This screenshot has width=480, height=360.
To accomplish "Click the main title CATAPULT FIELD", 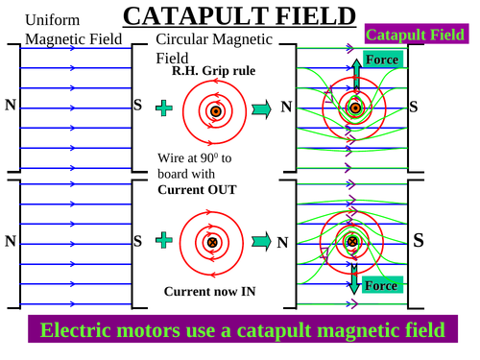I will (240, 16).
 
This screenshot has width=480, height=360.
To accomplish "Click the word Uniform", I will (47, 19).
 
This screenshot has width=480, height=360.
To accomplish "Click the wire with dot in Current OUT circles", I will (216, 111).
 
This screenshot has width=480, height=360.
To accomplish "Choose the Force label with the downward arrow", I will (381, 285).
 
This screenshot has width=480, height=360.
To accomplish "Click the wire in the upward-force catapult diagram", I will (356, 108).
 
